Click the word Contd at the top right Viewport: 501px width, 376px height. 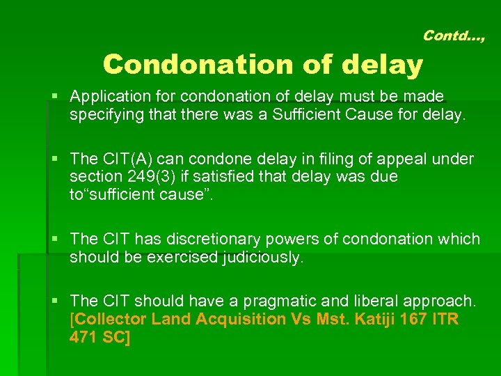(x=445, y=35)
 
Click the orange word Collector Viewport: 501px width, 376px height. (x=109, y=319)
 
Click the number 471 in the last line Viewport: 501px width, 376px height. (x=84, y=337)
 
